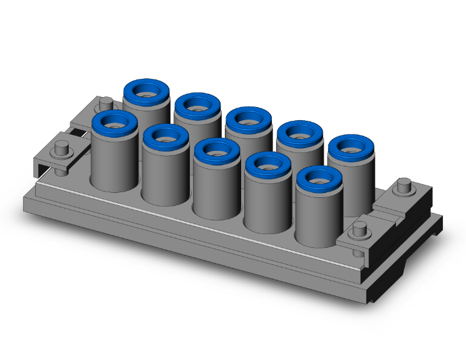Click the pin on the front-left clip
pos(61,150)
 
